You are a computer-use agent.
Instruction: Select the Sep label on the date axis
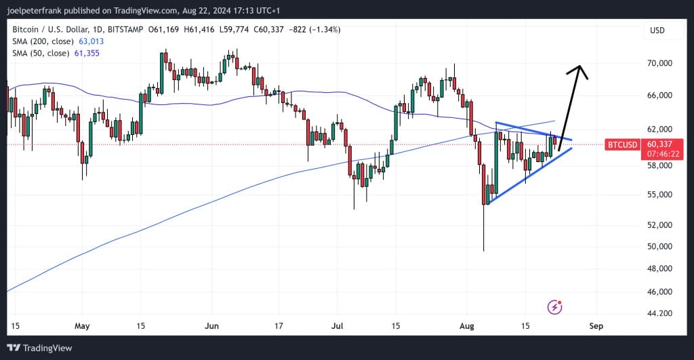coord(596,325)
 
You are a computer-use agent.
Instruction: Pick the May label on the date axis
coord(82,325)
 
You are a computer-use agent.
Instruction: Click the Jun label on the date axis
coord(211,325)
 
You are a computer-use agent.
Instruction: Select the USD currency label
coord(657,31)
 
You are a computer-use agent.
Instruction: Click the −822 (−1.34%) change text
coord(314,30)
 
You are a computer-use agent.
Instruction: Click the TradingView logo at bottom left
coord(42,348)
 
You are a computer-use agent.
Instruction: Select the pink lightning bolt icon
coord(555,307)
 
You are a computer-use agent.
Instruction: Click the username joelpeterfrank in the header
coord(35,10)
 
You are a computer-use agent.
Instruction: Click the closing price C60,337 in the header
coord(270,30)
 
